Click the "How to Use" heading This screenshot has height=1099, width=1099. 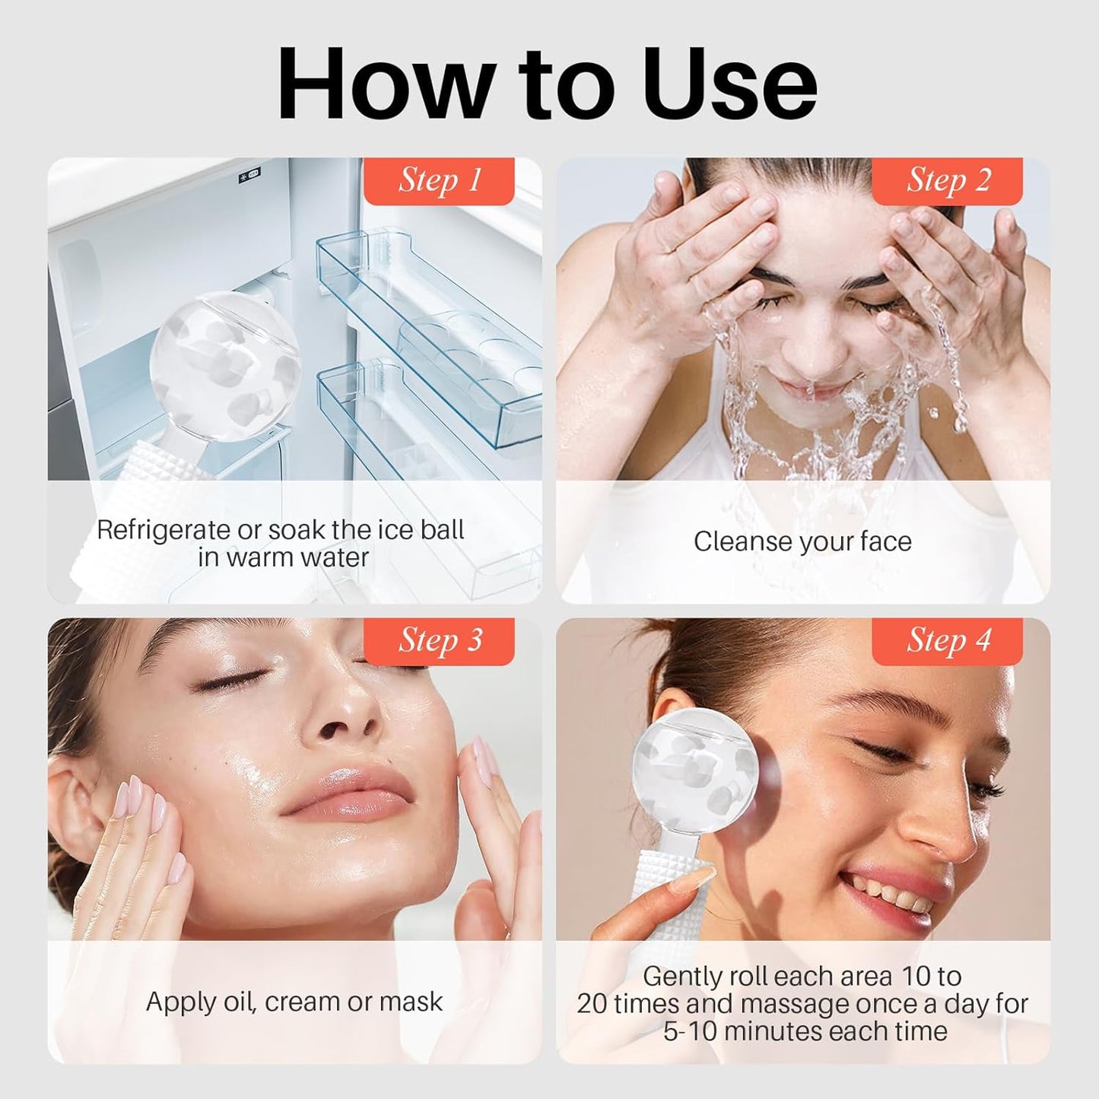(x=548, y=84)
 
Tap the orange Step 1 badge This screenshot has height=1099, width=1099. (x=440, y=181)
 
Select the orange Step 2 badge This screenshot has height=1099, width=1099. (x=948, y=181)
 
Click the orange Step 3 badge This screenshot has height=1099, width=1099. (x=440, y=641)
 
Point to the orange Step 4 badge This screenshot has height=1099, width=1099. (x=948, y=641)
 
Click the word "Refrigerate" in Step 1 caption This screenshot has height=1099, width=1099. (x=163, y=530)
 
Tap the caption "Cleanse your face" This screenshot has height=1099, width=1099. (x=802, y=542)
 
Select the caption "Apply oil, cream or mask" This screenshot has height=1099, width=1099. (x=294, y=1002)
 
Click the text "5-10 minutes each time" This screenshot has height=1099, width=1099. (x=805, y=1031)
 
